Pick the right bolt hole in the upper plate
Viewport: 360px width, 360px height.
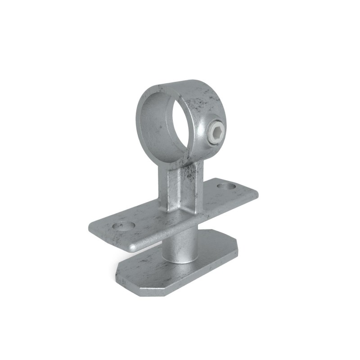[226, 185]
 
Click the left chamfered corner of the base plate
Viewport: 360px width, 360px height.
[118, 272]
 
